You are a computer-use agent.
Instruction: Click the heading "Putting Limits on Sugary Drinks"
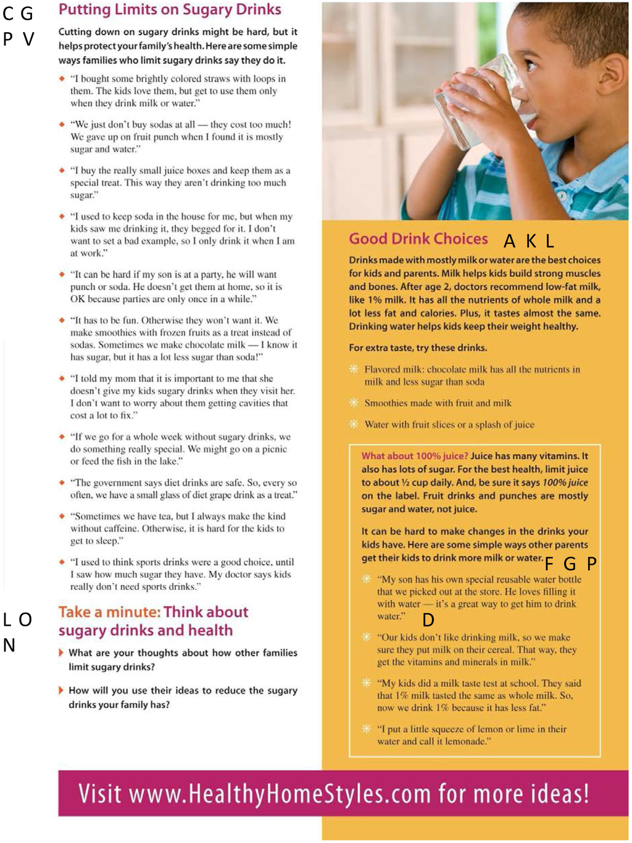point(170,10)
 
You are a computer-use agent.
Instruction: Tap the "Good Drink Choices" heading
point(418,239)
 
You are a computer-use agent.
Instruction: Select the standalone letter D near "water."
point(428,620)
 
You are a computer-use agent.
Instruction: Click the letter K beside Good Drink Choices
point(531,241)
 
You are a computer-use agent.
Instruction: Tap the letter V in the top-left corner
point(28,39)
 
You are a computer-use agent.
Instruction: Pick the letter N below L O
point(9,646)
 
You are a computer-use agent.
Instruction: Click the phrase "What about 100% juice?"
point(415,456)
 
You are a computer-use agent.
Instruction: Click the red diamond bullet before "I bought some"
point(62,78)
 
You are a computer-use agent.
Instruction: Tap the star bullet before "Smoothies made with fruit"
point(354,402)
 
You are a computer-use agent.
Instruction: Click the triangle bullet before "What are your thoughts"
point(61,652)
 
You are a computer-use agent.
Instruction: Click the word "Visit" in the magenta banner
point(99,794)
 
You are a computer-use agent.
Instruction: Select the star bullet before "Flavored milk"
point(354,369)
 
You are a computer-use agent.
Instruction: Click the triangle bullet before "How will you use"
point(61,690)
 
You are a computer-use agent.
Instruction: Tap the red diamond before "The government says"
point(62,483)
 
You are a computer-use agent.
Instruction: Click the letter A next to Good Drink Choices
point(509,241)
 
